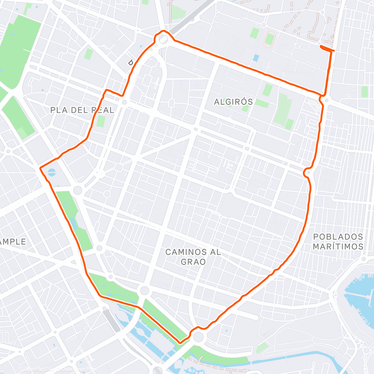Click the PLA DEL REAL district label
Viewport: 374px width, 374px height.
[82, 110]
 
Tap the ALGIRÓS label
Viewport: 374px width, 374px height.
[233, 102]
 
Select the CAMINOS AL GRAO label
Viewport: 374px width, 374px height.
[193, 257]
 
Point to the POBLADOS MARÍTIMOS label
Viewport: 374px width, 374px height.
[338, 242]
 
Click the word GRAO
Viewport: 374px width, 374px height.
[193, 261]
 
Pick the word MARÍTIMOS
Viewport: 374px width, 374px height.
[338, 246]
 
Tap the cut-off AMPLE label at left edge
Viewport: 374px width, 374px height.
[13, 242]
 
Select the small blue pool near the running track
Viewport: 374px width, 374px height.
[256, 58]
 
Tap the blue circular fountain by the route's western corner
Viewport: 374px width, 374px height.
[52, 172]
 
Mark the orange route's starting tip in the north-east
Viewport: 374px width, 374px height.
[321, 46]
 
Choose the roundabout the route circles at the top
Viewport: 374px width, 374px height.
[163, 39]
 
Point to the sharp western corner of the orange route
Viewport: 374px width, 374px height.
[40, 168]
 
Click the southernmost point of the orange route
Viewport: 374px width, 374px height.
[180, 342]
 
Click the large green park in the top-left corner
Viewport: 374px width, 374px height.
[19, 49]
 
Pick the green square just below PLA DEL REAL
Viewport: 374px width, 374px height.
[101, 122]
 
